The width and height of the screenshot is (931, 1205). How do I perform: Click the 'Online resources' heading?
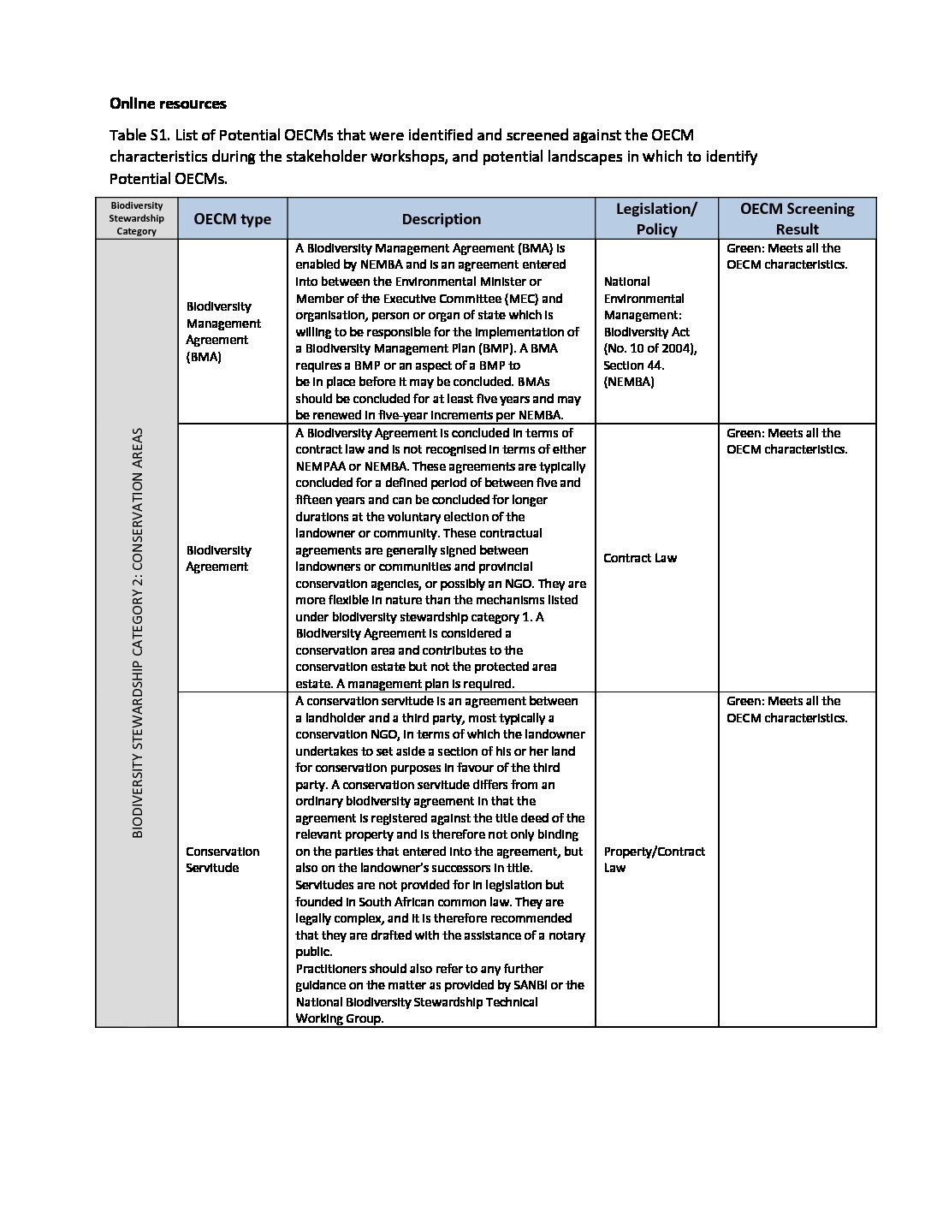point(168,104)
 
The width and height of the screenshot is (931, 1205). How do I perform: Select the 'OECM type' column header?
point(232,219)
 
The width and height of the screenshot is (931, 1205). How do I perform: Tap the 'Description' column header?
point(441,219)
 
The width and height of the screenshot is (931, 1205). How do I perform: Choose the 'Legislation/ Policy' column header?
point(656,219)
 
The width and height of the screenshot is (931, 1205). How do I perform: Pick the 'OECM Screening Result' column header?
point(797,219)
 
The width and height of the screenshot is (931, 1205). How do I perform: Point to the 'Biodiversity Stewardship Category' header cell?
point(137,218)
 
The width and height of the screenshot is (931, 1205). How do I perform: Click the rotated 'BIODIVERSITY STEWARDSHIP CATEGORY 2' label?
point(138,632)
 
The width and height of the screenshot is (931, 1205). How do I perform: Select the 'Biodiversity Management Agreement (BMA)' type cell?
point(223,331)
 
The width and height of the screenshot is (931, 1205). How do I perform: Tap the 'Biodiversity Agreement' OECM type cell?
point(219,558)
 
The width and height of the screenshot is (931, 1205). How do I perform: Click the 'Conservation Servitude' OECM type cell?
point(222,859)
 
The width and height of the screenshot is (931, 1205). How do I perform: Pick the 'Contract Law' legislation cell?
point(640,558)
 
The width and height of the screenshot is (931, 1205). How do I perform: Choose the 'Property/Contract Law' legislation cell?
point(654,859)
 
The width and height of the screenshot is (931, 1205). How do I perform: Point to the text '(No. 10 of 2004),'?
point(650,348)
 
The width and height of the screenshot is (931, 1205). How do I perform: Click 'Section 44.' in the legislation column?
point(634,365)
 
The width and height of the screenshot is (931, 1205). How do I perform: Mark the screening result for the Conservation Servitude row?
point(786,709)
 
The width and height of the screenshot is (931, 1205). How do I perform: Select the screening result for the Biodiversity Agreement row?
point(786,441)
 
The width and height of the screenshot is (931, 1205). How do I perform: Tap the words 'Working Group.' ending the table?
point(340,1018)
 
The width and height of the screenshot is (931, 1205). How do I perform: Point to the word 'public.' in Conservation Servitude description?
point(314,952)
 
